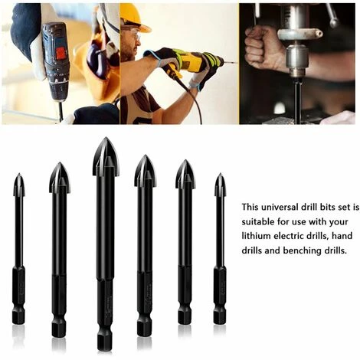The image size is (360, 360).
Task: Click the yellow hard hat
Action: pyautogui.click(x=135, y=18)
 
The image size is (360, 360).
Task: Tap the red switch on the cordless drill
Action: pyautogui.click(x=61, y=53)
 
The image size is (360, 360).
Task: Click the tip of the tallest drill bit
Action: pyautogui.click(x=106, y=138)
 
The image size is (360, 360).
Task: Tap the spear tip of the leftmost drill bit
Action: pyautogui.click(x=19, y=174)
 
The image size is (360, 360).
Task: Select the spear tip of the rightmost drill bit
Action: pyautogui.click(x=220, y=174)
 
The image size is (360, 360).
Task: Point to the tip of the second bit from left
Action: pyautogui.click(x=60, y=163)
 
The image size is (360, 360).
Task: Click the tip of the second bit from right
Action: pyautogui.click(x=185, y=161)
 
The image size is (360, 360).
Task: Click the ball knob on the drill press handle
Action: pyautogui.click(x=333, y=23)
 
